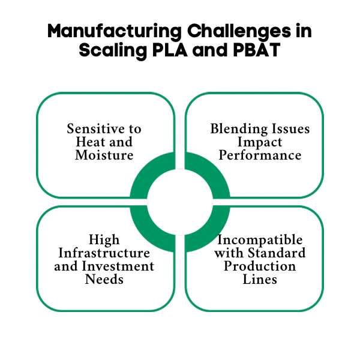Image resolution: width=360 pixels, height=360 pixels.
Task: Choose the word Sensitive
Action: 97,129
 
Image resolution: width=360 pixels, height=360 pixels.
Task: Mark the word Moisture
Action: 104,155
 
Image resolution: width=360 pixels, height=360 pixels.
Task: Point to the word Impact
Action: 259,142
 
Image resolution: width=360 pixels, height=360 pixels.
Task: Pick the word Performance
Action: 259,155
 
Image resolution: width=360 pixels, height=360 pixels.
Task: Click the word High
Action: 104,240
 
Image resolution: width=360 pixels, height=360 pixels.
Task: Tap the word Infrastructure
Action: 104,253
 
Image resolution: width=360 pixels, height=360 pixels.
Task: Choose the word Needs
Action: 104,280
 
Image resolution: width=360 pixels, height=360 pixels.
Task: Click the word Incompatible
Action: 259,240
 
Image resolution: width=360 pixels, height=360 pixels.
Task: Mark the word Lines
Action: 259,280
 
